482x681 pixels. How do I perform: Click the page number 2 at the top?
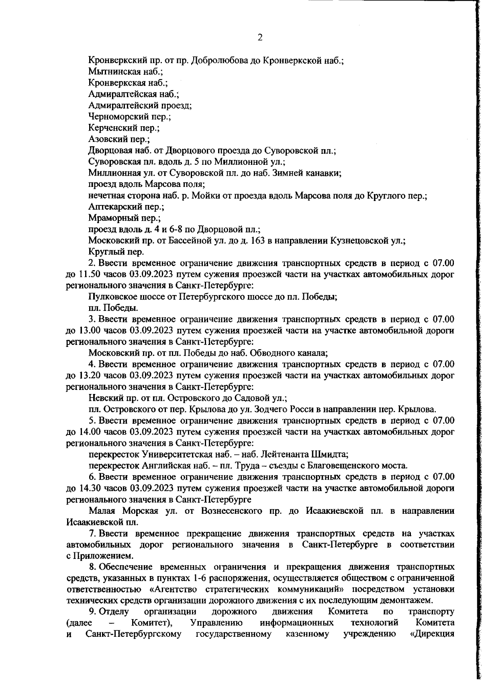click(259, 38)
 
